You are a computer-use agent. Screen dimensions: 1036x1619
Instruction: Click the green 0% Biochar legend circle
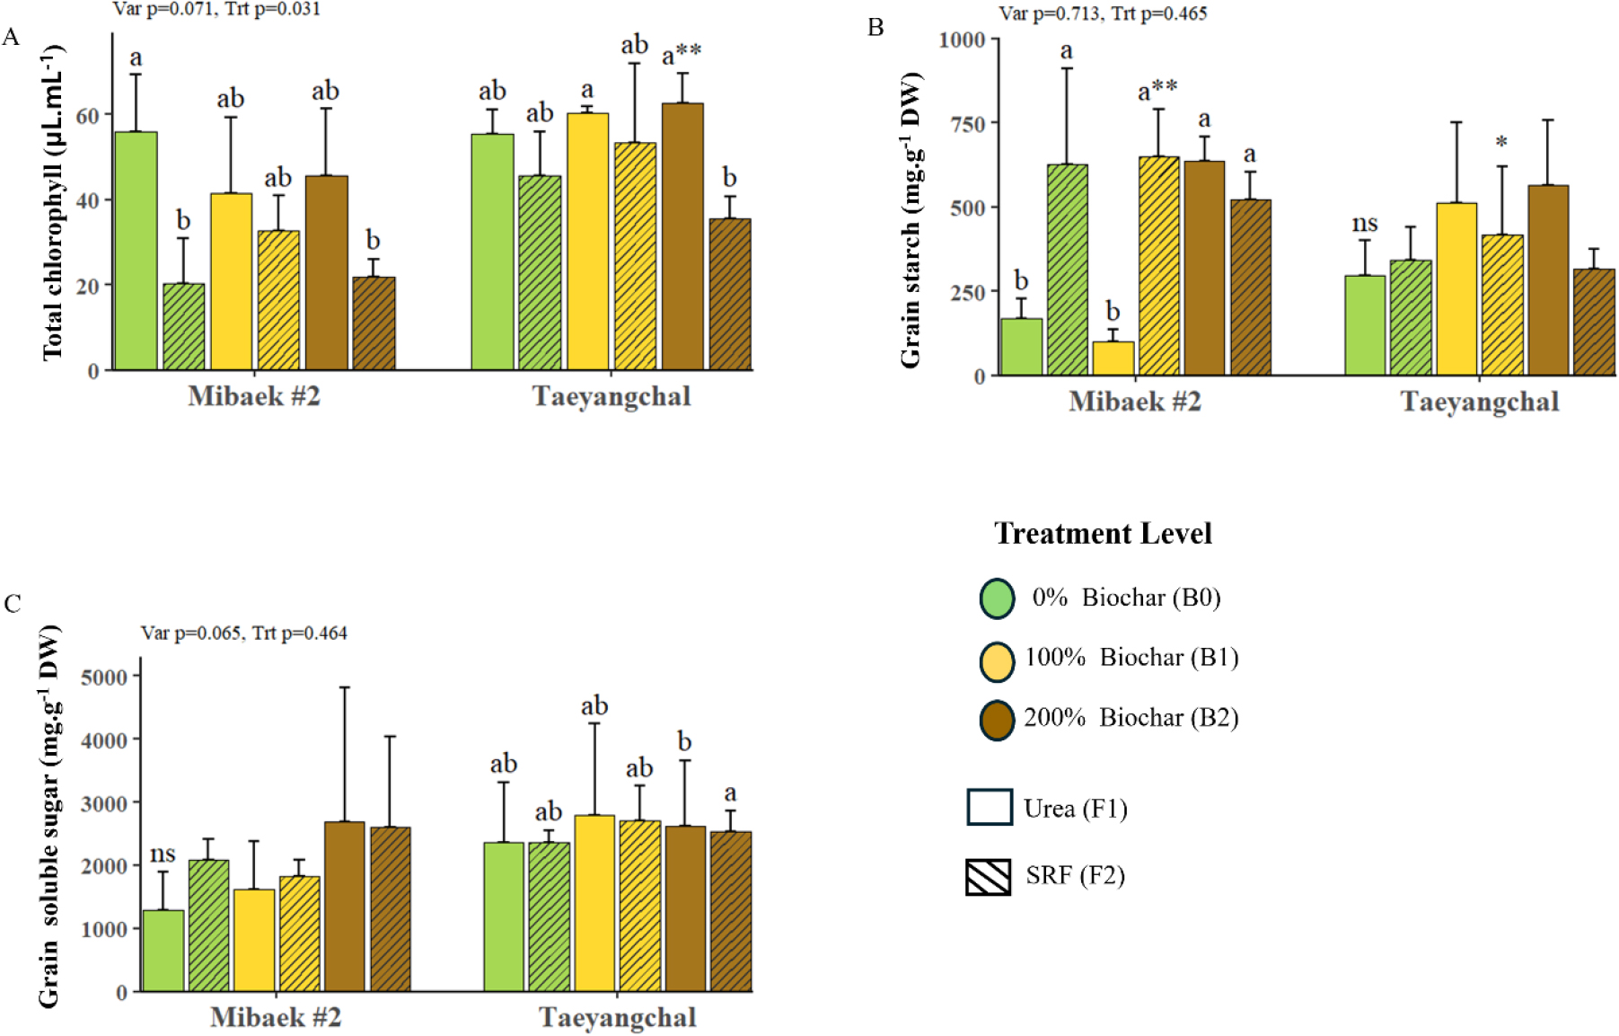tap(997, 598)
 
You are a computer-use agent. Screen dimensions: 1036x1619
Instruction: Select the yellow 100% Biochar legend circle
tap(997, 660)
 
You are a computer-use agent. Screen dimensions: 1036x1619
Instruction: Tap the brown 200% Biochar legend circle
tap(997, 720)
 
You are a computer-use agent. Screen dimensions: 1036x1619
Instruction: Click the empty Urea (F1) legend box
tap(989, 807)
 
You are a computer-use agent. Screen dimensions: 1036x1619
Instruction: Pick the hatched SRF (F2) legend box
tap(988, 877)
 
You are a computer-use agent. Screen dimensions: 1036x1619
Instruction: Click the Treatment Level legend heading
tap(1103, 534)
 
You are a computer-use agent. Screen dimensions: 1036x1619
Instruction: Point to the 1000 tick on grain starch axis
tap(962, 40)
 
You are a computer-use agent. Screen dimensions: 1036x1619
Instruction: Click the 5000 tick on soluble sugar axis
tap(104, 677)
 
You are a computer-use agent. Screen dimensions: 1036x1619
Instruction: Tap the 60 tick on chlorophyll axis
tap(87, 116)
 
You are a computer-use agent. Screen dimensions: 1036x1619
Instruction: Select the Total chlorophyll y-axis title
tap(53, 202)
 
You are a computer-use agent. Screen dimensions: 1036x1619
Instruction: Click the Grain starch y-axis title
tap(911, 220)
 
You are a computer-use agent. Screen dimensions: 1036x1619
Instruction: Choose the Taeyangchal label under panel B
tap(1479, 402)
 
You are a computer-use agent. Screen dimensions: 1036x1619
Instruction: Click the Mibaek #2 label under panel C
tap(276, 1017)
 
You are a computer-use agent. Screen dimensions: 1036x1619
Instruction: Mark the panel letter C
tap(13, 603)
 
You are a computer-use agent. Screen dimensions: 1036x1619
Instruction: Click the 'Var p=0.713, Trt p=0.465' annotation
tap(1103, 13)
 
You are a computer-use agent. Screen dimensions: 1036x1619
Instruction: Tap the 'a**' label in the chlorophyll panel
tap(682, 56)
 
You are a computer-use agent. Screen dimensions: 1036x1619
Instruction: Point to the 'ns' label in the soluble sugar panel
tap(163, 853)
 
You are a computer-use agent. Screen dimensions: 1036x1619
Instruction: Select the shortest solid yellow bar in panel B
tap(1113, 358)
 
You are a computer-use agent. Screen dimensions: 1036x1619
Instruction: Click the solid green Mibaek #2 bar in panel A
tap(136, 251)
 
